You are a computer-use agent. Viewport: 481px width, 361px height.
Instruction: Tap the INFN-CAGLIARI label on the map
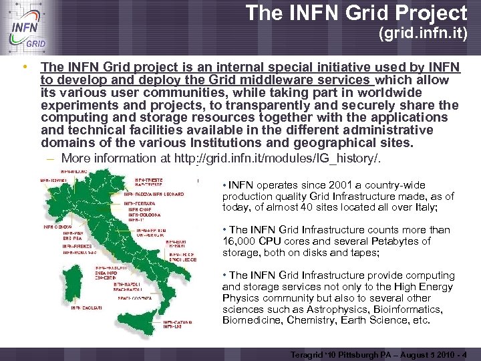88,308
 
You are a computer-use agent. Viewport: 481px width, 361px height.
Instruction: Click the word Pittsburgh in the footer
353,354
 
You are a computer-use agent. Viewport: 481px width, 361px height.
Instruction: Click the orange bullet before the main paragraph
25,67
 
